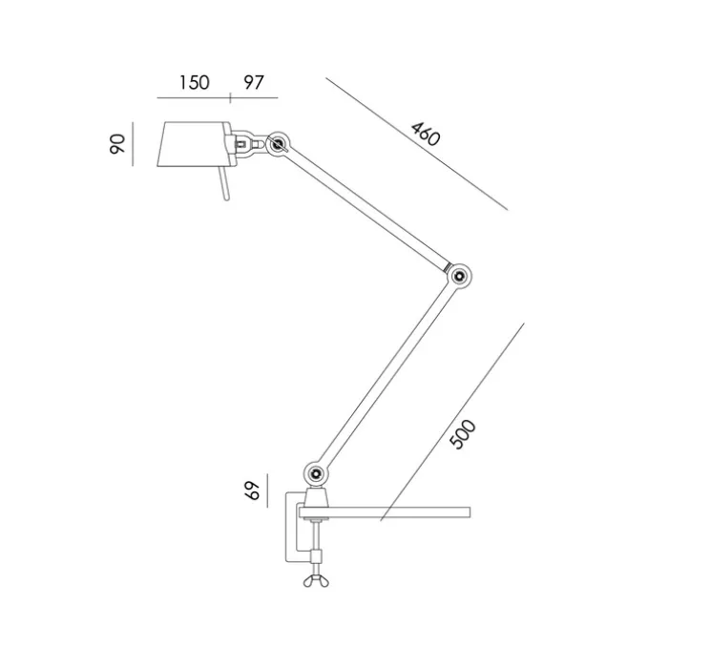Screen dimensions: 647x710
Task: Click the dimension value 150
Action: [x=194, y=83]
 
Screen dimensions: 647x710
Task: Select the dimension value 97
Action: [x=253, y=83]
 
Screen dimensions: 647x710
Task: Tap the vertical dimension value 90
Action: [x=117, y=144]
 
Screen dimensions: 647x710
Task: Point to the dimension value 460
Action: [x=425, y=134]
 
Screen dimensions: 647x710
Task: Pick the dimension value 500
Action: [x=463, y=435]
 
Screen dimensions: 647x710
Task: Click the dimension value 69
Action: [x=252, y=490]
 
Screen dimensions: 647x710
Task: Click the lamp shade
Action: [x=191, y=144]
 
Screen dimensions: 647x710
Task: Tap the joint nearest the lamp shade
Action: [x=279, y=145]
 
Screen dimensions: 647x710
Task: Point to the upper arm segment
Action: [x=368, y=209]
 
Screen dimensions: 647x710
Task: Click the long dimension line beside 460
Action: [x=415, y=143]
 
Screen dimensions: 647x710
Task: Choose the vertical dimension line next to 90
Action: [x=135, y=144]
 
